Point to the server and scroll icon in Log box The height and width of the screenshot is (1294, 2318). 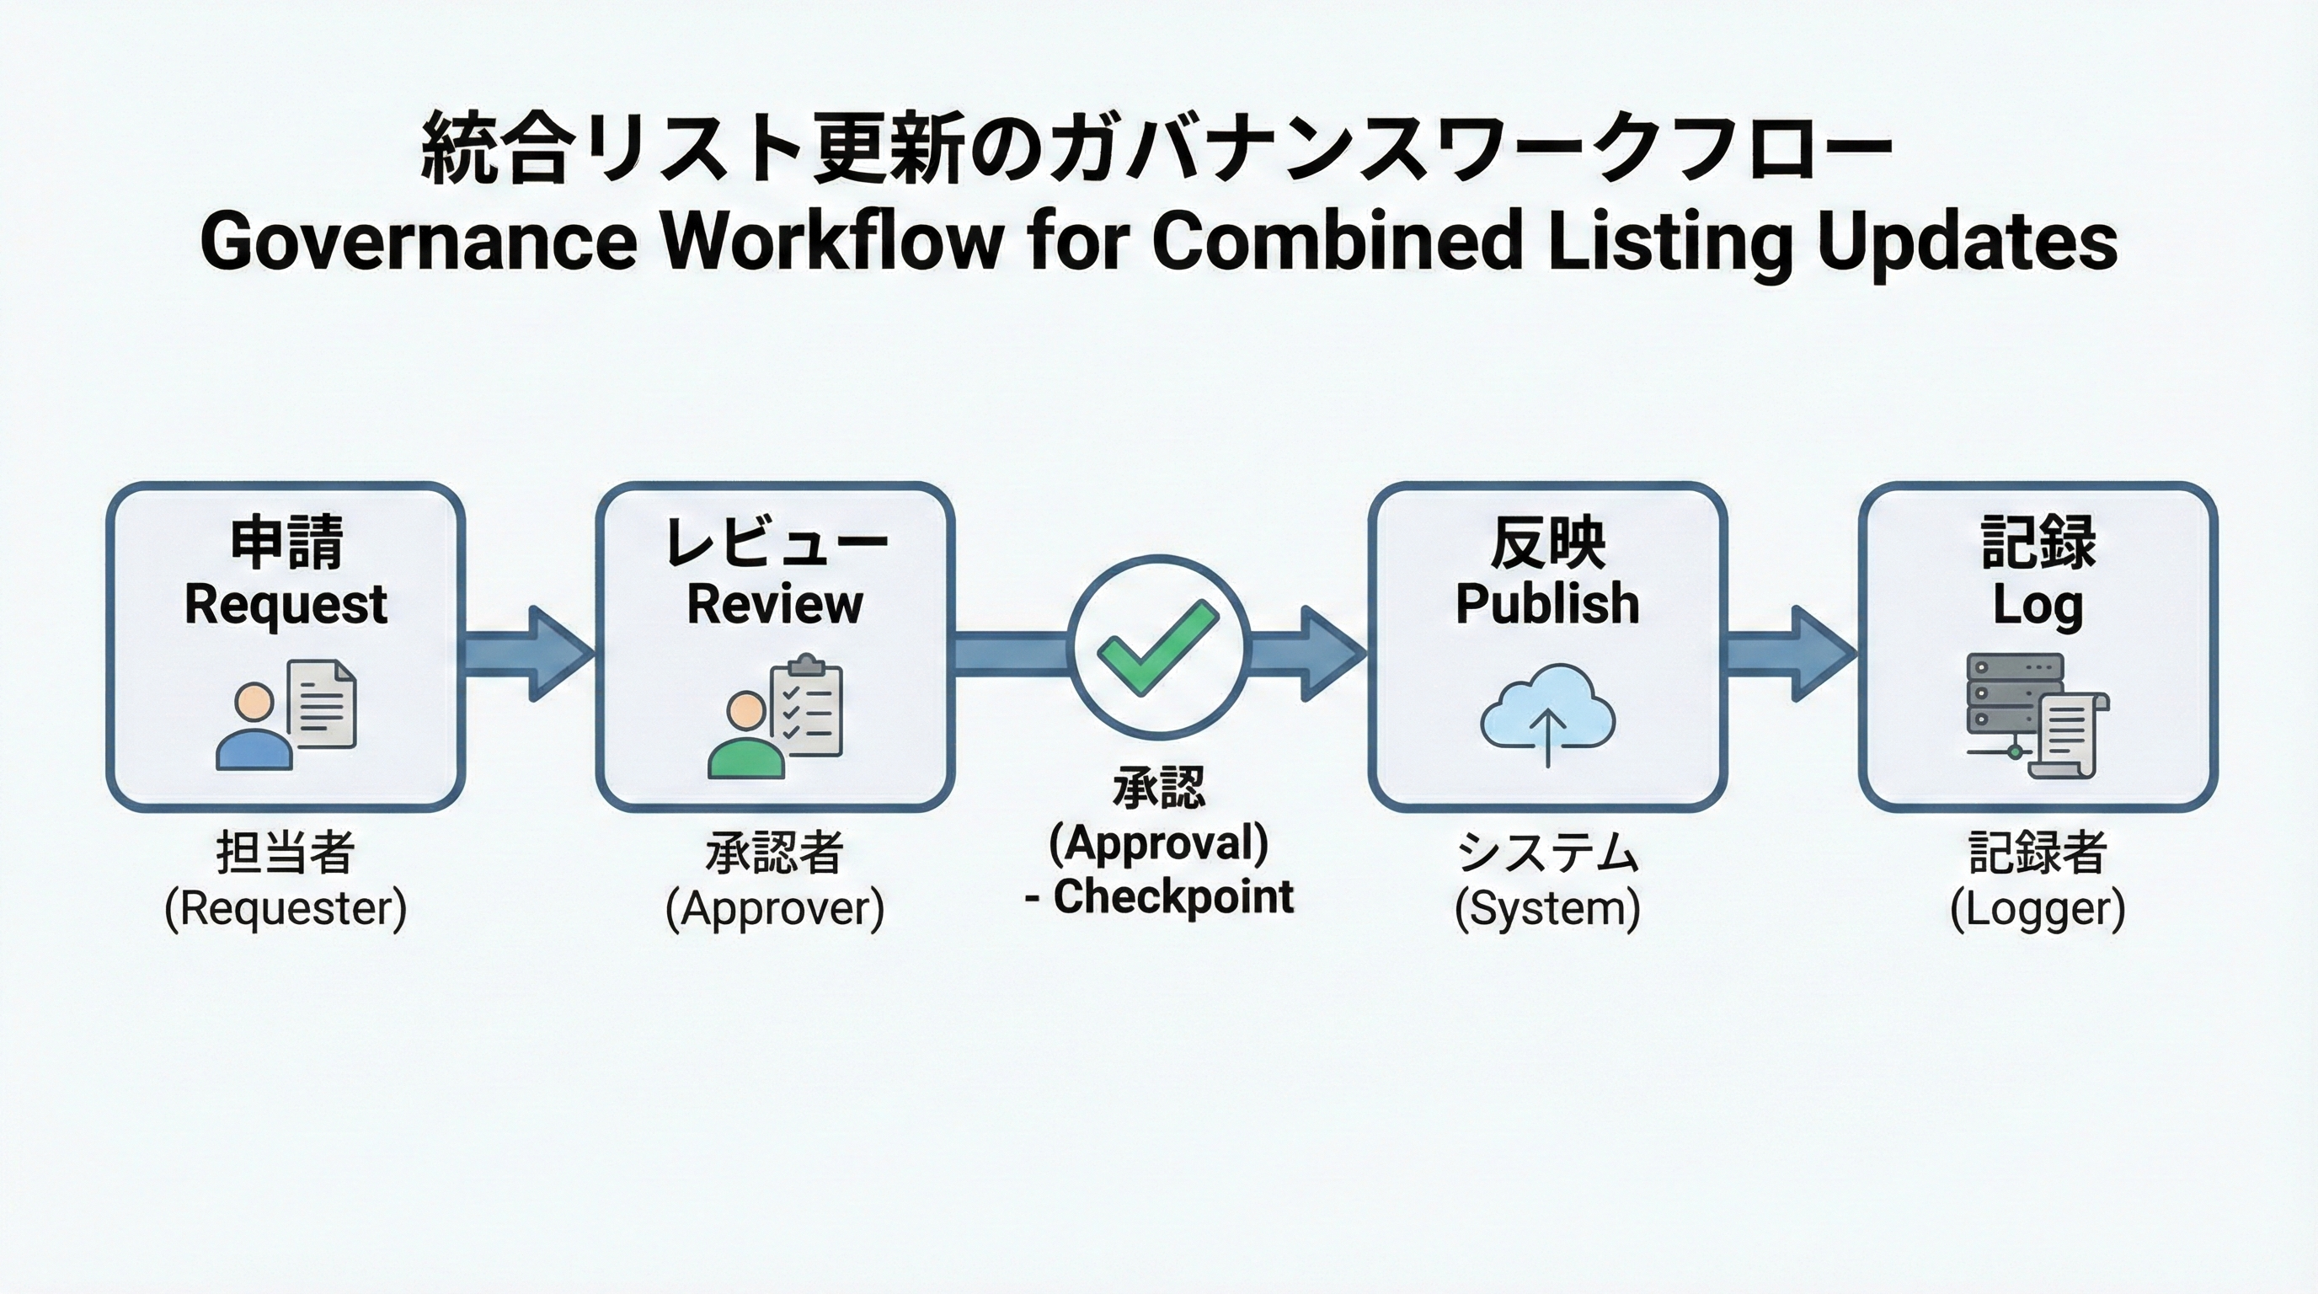point(2036,716)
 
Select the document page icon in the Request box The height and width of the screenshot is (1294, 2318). point(322,703)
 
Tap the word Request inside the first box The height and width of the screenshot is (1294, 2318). point(286,604)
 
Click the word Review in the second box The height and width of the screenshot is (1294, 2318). point(775,604)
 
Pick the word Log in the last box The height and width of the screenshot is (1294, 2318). point(2038,606)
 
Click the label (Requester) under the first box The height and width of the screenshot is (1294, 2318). point(286,908)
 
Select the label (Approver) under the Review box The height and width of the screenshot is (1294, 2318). point(775,908)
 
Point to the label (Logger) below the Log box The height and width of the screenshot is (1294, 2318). point(2038,908)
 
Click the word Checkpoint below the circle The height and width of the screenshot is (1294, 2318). point(1173,896)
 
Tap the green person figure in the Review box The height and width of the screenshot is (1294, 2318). point(746,736)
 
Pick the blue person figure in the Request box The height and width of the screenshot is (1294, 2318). point(254,727)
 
